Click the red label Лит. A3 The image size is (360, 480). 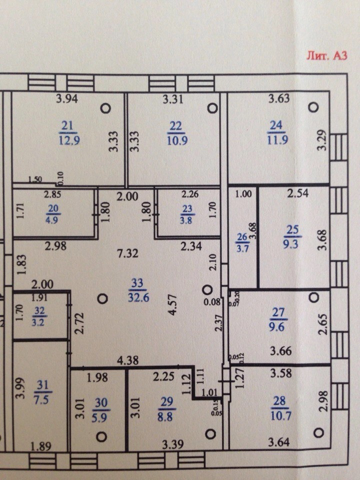(x=326, y=55)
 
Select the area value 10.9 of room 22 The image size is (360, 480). (x=177, y=140)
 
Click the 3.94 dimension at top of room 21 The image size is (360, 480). (x=68, y=98)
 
